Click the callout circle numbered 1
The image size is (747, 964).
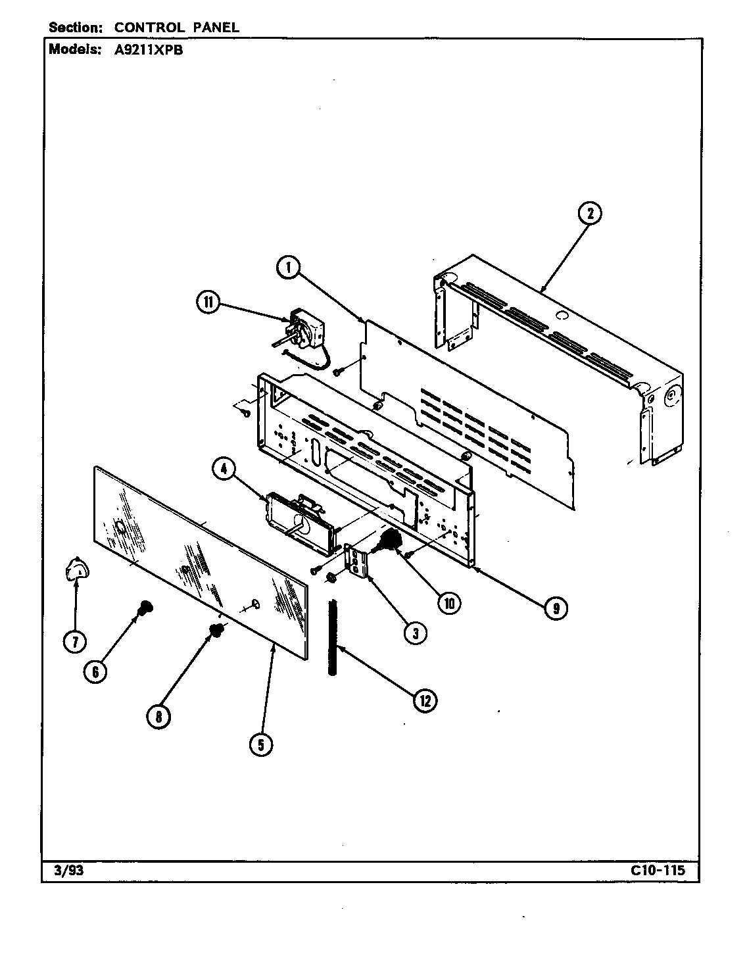click(x=288, y=268)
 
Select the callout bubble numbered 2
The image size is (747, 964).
click(x=590, y=212)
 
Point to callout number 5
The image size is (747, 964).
click(x=261, y=744)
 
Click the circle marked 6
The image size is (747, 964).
click(x=96, y=671)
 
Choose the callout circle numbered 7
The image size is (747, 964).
click(x=74, y=642)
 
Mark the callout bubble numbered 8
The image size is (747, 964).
click(x=158, y=716)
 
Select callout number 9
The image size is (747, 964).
click(x=556, y=608)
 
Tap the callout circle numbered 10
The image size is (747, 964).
click(x=448, y=603)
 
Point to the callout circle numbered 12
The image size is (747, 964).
click(x=424, y=700)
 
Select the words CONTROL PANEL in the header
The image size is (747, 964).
click(x=176, y=28)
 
